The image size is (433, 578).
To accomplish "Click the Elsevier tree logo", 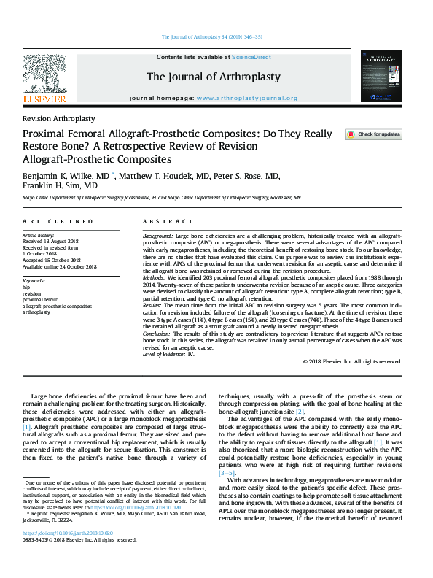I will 44,76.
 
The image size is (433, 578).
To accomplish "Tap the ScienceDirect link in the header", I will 251,57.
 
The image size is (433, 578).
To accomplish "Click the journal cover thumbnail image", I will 381,76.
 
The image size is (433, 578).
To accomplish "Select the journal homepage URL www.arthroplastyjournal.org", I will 247,98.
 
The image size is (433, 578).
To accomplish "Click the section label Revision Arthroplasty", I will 58,118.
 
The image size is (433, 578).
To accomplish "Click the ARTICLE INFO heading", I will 57,221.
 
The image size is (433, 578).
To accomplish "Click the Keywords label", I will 35,280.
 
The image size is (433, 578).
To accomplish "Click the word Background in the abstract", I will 157,238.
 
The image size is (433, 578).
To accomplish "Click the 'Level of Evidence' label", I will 167,353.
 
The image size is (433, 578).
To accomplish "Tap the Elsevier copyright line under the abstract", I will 352,361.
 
